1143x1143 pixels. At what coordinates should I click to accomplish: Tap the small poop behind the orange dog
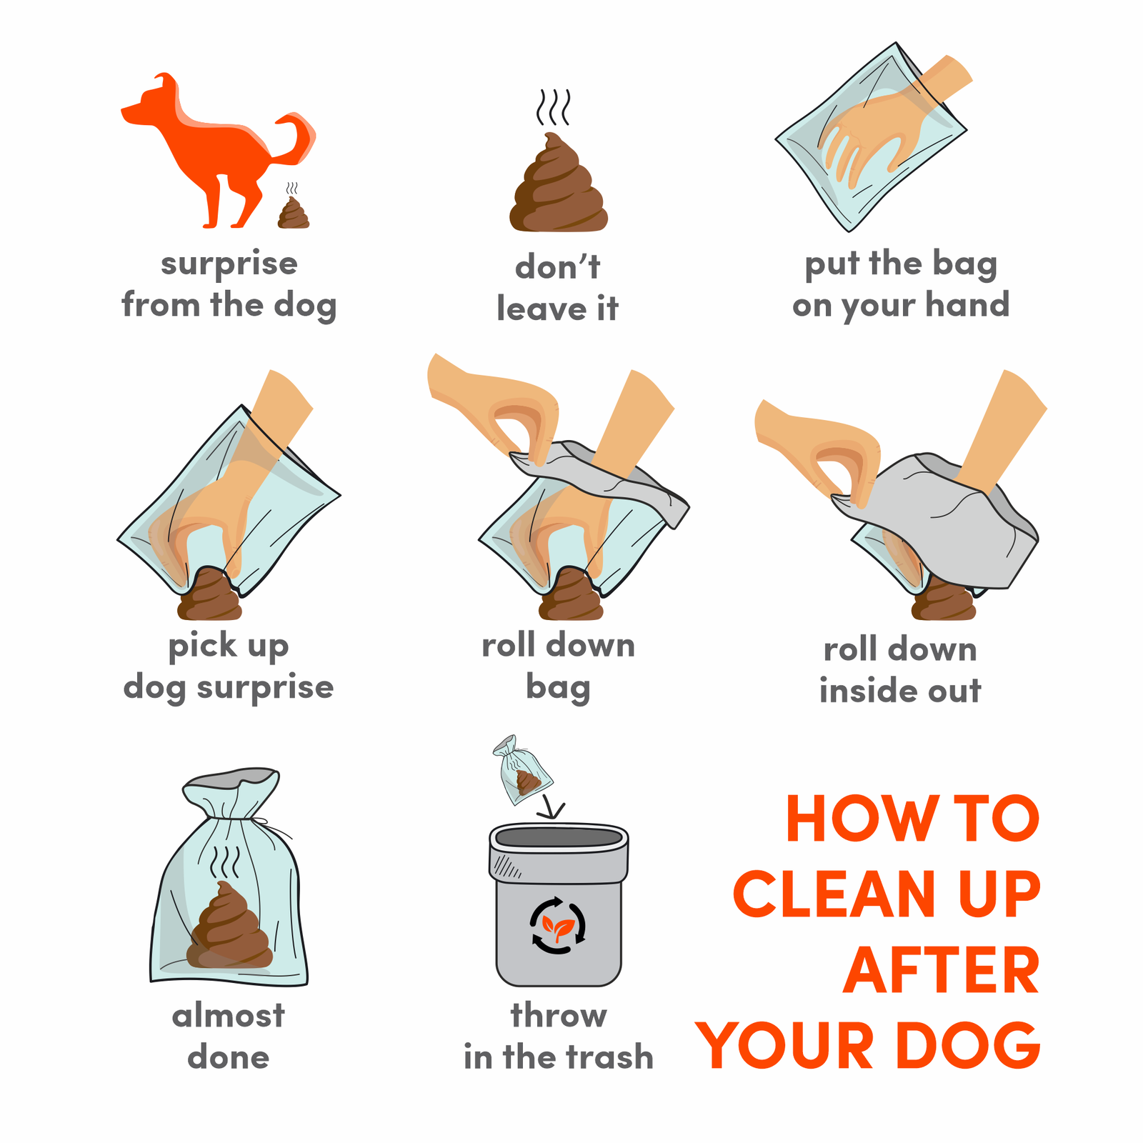(294, 214)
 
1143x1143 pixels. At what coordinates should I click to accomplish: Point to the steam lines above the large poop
(554, 107)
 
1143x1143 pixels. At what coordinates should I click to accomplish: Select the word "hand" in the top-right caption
(967, 304)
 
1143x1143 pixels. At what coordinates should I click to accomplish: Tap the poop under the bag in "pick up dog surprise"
(210, 594)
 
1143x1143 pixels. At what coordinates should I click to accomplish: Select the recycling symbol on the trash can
(558, 925)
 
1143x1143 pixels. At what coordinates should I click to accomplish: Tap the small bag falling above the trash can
(521, 770)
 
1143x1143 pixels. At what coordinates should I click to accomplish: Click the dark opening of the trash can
(559, 837)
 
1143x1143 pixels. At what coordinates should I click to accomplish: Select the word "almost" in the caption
(229, 1015)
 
